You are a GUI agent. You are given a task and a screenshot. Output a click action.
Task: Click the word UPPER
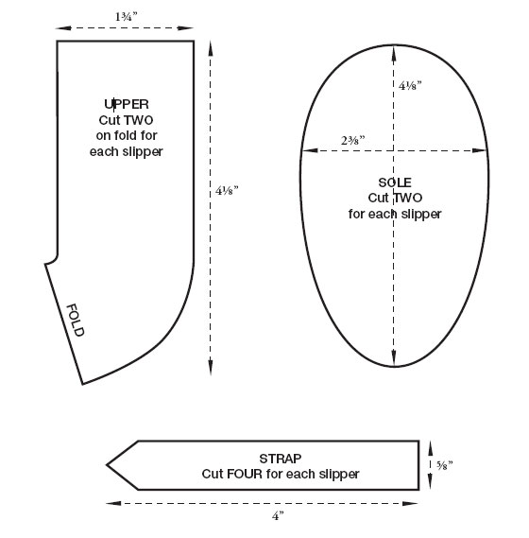[127, 104]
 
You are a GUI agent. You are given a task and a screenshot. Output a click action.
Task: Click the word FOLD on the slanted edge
[75, 321]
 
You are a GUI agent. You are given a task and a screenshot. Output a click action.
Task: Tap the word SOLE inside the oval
[395, 182]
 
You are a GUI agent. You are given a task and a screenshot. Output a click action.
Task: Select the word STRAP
[281, 459]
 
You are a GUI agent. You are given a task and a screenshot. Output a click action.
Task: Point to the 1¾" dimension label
[126, 16]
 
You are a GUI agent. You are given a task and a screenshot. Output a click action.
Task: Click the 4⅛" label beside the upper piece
[227, 190]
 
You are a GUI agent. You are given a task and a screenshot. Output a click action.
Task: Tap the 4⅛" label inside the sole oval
[410, 85]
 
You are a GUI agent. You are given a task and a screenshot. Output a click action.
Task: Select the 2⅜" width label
[352, 140]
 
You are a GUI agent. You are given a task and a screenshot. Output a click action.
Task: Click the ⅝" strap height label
[444, 465]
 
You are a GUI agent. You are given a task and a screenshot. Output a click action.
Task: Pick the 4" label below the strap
[278, 515]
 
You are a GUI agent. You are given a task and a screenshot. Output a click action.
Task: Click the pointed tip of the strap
[107, 465]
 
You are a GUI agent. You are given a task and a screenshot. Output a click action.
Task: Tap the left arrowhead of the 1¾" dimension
[63, 28]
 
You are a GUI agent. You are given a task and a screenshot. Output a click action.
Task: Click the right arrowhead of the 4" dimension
[410, 503]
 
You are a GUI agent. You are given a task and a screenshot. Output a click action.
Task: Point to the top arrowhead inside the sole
[394, 53]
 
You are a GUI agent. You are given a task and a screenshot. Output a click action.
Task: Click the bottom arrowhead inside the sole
[394, 358]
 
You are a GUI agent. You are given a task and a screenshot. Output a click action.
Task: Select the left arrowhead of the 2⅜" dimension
[310, 150]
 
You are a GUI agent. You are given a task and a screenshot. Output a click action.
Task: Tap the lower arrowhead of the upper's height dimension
[210, 367]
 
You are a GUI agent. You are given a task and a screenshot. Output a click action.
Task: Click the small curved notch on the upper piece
[53, 260]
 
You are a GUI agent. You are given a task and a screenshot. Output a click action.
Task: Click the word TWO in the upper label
[139, 120]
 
